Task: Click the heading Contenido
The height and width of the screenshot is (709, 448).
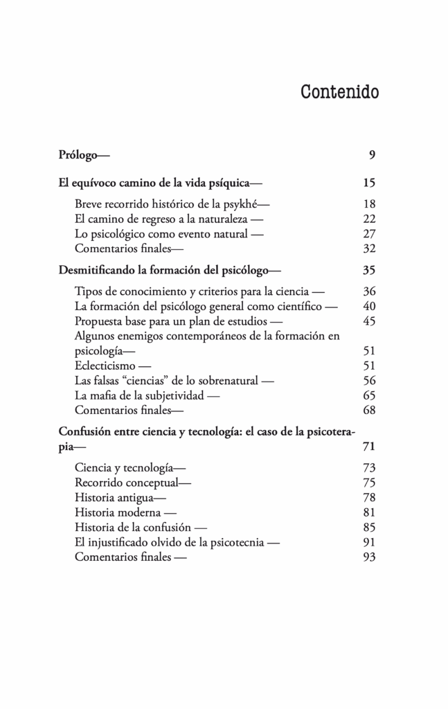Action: (339, 92)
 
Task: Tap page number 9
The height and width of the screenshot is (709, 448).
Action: (372, 154)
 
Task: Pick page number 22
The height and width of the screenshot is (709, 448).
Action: (368, 219)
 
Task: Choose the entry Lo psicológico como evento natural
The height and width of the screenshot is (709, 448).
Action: (161, 234)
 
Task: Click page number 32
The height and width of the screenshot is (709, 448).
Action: (368, 249)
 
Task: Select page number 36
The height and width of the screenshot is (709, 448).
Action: (368, 291)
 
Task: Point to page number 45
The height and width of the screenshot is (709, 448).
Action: (368, 321)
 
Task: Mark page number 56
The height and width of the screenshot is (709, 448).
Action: (368, 380)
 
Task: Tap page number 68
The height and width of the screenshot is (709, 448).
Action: (368, 410)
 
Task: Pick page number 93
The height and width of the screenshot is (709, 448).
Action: (368, 557)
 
